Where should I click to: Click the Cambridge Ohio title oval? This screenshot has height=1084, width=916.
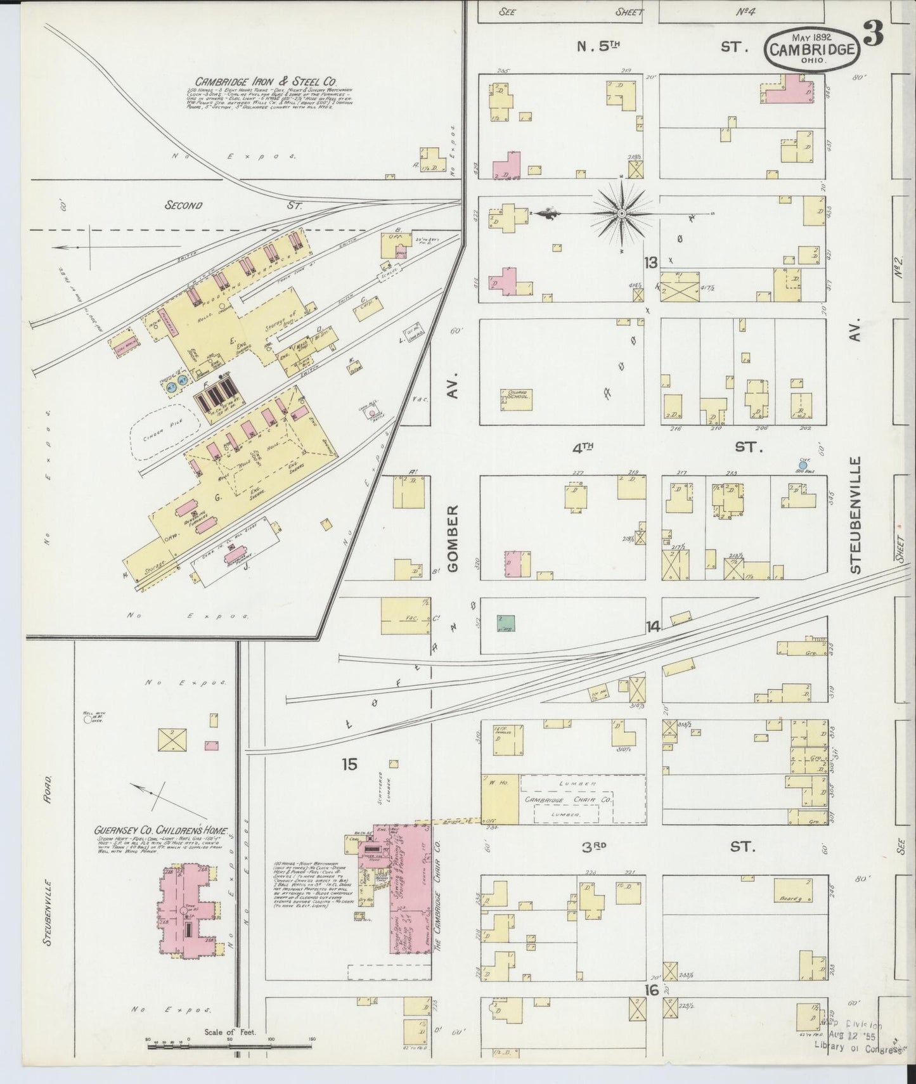point(812,49)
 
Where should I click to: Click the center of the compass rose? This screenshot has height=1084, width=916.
point(622,214)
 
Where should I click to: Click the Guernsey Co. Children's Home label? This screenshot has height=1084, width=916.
point(162,831)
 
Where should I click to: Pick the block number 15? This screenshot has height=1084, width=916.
point(349,765)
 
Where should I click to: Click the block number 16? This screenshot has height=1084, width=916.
point(653,990)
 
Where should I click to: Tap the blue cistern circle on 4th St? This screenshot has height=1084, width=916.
point(803,466)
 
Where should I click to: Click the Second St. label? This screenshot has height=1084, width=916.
point(184,205)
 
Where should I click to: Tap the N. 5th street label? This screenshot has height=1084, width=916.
point(598,46)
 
